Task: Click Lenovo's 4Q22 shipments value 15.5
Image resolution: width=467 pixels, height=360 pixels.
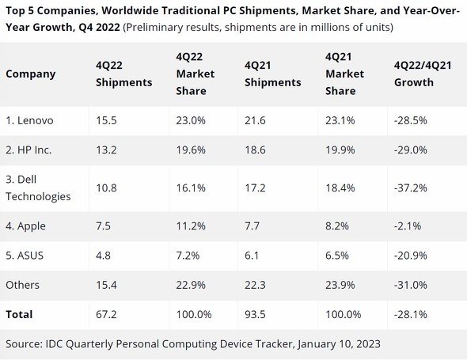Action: pos(106,120)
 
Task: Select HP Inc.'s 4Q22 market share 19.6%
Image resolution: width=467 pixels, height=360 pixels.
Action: pos(191,150)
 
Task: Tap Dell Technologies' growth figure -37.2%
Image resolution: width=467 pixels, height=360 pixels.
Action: pos(411,188)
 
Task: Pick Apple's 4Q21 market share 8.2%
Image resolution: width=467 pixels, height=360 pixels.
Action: pos(337,226)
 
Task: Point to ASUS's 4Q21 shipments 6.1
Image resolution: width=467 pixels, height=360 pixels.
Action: pos(252,256)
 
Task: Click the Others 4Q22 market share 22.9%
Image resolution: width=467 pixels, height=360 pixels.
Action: pos(191,285)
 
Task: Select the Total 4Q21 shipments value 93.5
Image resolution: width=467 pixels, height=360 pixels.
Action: pos(255,314)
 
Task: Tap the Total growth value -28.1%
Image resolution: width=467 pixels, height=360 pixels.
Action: pos(411,314)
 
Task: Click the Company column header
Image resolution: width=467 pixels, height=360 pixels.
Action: pos(31,74)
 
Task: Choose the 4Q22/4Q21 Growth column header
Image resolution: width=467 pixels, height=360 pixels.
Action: pos(423,74)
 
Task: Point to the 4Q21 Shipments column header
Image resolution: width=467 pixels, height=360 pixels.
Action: pos(273,74)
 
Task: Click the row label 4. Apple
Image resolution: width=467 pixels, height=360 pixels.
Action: pos(25,226)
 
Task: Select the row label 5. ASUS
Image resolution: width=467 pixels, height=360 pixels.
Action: pos(25,256)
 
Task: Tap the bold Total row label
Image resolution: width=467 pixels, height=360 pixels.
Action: pos(19,314)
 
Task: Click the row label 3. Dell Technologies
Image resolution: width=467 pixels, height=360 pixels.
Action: pos(38,188)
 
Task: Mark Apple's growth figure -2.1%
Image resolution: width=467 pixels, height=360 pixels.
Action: pos(408,226)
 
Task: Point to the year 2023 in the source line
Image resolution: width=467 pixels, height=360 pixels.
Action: pos(368,344)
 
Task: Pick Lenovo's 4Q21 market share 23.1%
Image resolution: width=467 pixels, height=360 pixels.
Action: pos(340,120)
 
